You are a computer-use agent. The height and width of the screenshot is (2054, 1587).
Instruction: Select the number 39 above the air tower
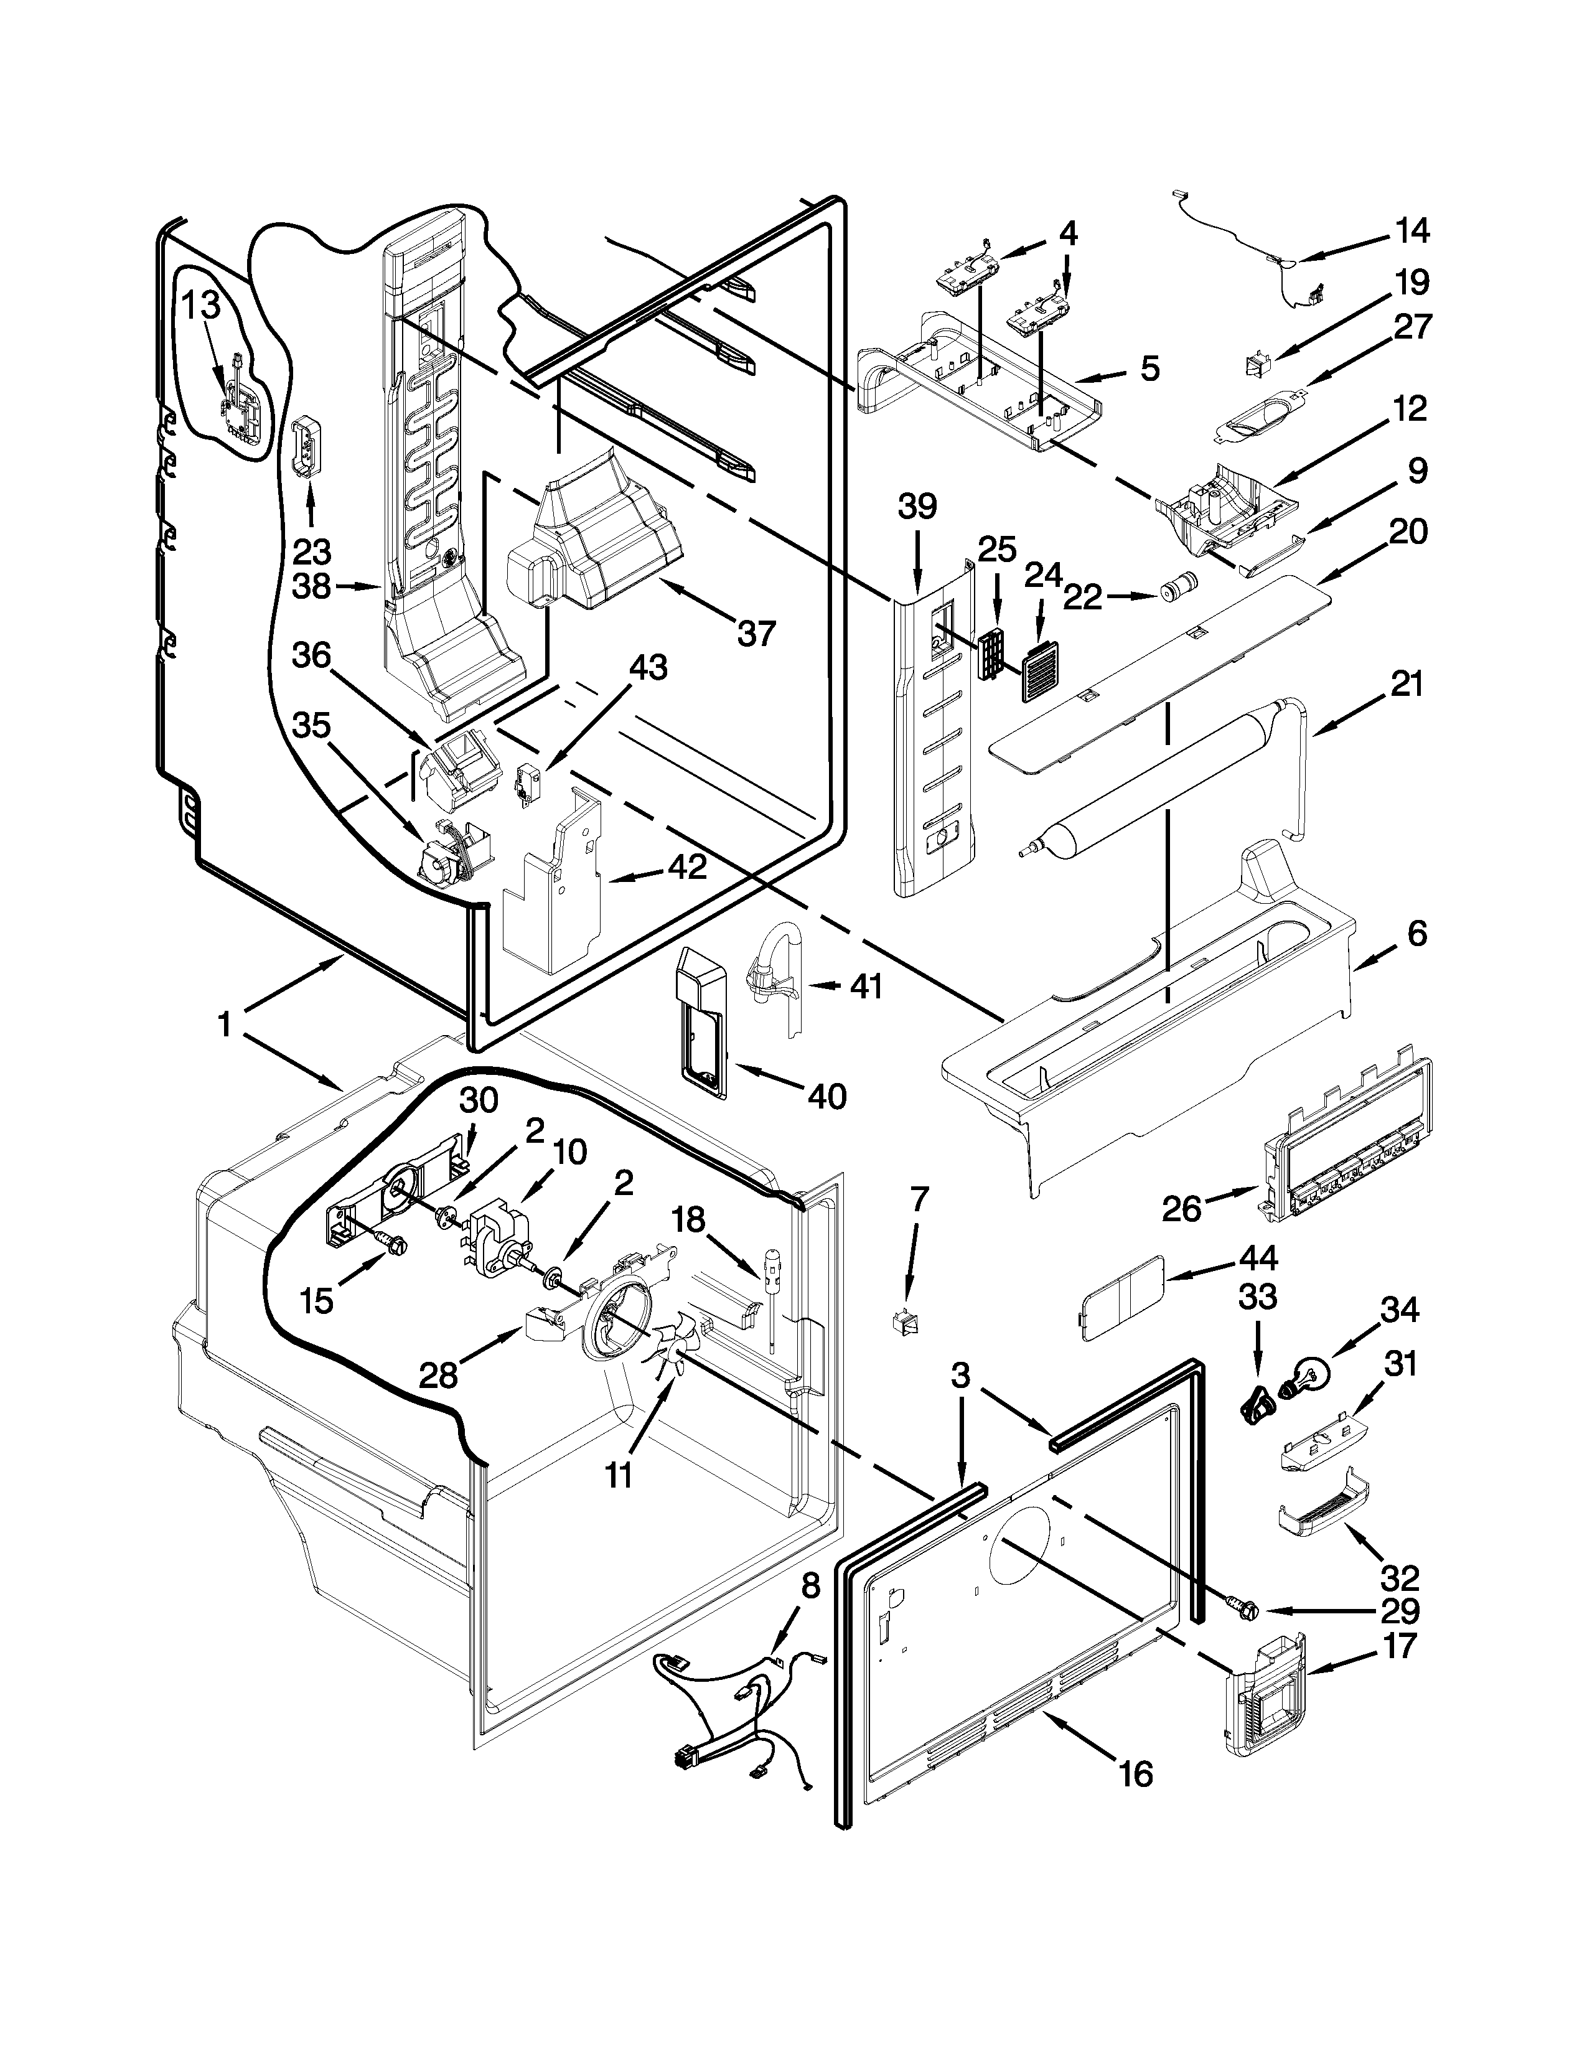pyautogui.click(x=917, y=508)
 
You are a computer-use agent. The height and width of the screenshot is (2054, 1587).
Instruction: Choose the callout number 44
pyautogui.click(x=1258, y=1259)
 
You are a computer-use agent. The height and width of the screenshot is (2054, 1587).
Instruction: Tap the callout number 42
pyautogui.click(x=686, y=866)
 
